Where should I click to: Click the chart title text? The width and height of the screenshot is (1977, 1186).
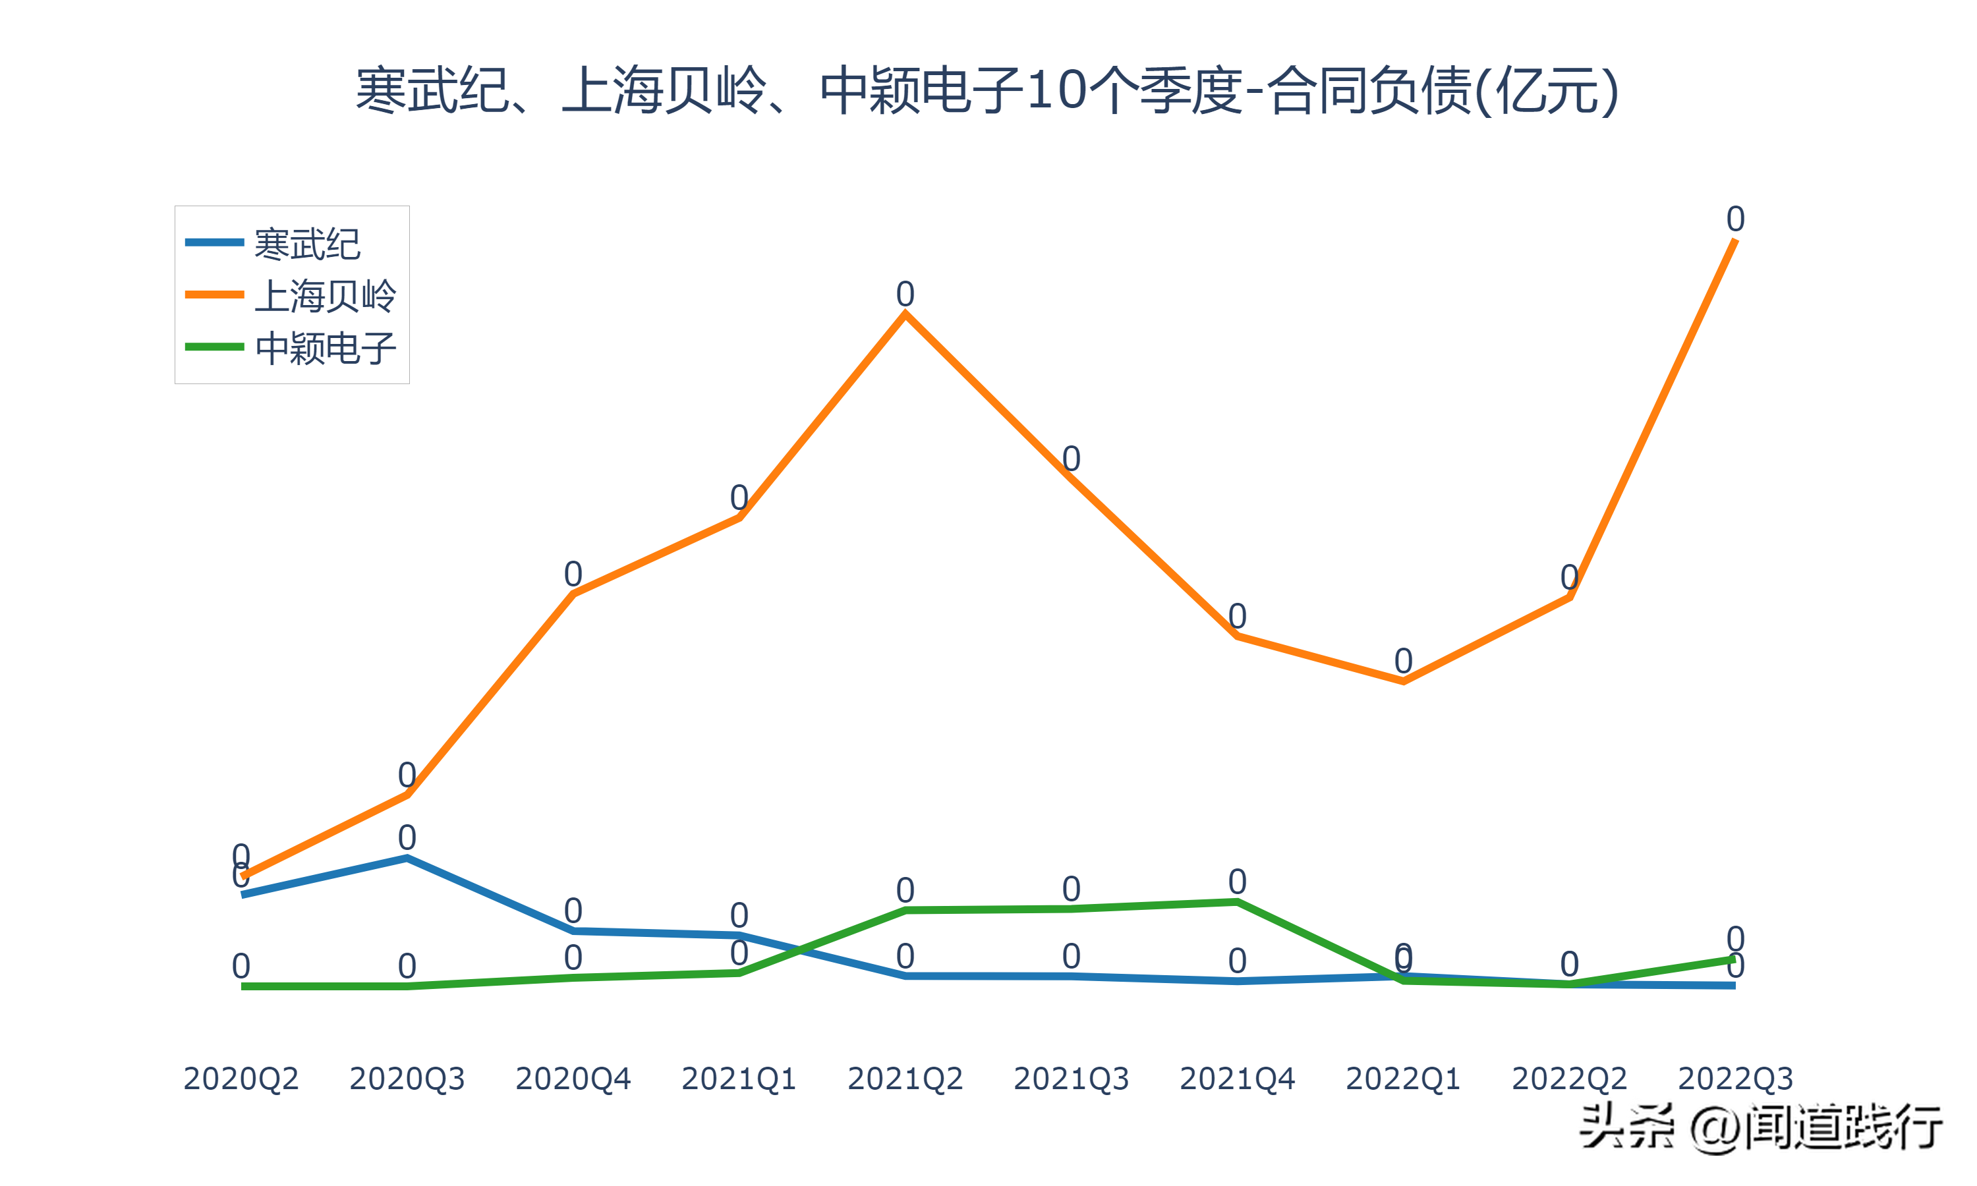987,90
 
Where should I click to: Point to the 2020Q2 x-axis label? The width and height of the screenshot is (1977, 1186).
241,1079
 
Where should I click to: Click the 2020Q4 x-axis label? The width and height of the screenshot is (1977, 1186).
573,1079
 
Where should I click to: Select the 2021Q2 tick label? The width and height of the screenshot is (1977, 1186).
905,1079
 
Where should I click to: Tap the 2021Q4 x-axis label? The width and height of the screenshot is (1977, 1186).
1237,1079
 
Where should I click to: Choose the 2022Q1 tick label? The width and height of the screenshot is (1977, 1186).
1403,1079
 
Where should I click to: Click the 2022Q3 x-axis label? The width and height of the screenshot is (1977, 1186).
1735,1079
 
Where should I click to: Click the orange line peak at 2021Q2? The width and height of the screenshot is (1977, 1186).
905,315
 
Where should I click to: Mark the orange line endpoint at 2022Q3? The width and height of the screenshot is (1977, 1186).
1735,240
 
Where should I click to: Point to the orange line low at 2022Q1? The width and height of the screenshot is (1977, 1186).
1403,681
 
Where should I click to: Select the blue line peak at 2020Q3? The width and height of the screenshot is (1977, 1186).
407,859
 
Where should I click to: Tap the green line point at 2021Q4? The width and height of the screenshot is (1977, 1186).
1237,902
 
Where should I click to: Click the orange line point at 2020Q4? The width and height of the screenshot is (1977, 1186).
573,594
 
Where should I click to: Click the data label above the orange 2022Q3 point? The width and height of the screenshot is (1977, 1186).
1735,219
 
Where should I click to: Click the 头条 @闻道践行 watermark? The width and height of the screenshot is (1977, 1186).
1762,1127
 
